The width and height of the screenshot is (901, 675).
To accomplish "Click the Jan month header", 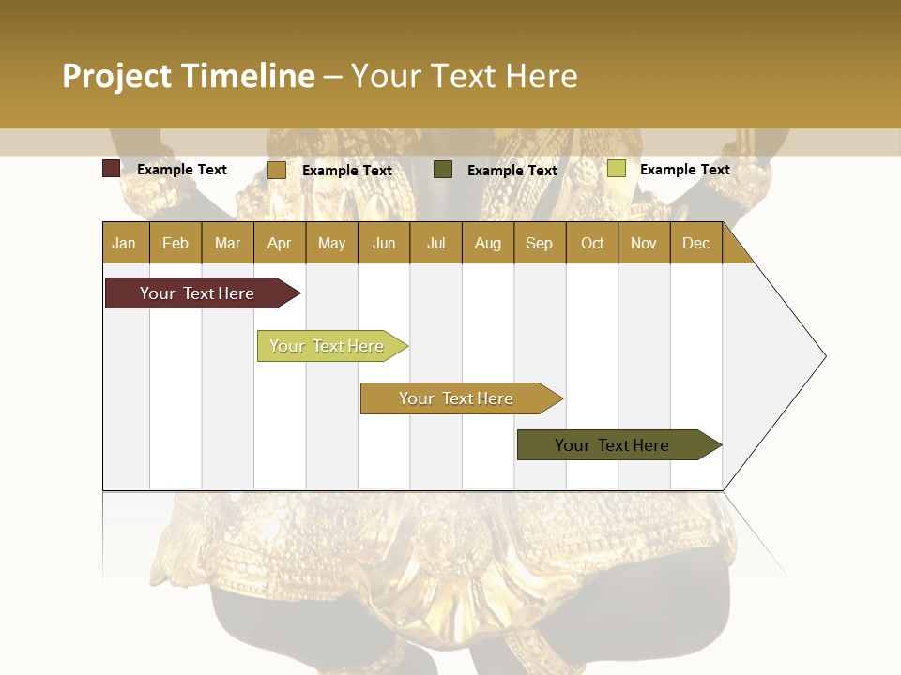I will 125,243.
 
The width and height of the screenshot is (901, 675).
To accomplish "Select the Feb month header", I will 176,243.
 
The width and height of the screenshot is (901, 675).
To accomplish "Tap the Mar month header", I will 227,243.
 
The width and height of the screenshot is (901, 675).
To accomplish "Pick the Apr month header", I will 280,243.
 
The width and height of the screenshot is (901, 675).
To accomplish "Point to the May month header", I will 331,243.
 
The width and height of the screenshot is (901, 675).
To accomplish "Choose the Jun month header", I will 384,243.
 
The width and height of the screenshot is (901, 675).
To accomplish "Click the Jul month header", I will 435,243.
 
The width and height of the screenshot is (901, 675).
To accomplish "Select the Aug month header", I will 488,243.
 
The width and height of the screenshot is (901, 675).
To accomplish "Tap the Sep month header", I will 540,243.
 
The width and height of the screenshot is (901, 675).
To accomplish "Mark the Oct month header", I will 592,243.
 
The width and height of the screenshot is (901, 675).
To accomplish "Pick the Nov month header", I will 644,243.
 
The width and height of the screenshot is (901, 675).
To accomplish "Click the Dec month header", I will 696,243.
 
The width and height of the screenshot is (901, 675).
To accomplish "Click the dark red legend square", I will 111,169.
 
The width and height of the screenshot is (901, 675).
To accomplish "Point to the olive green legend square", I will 443,170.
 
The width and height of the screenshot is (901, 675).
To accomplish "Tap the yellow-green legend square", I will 616,169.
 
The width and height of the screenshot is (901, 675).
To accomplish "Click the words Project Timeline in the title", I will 189,76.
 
